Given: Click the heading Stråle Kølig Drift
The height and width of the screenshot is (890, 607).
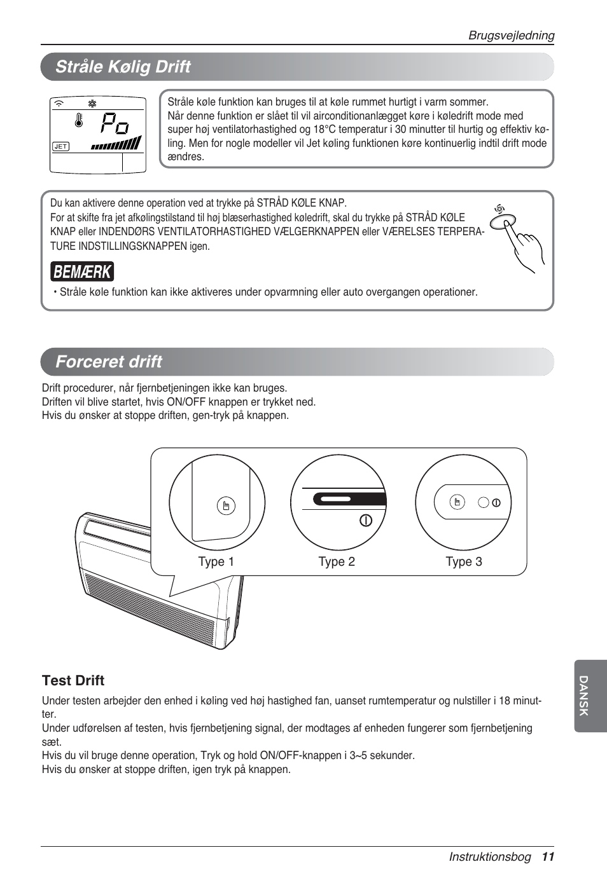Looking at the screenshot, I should [123, 67].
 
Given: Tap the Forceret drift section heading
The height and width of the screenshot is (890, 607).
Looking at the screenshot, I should [109, 362].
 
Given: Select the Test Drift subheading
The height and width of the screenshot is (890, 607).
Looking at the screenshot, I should [73, 680].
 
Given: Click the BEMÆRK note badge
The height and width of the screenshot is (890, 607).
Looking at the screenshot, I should [82, 271].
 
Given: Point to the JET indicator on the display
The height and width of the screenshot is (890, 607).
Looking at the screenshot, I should [60, 146].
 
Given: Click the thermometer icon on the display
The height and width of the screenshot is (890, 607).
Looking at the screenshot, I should [79, 120].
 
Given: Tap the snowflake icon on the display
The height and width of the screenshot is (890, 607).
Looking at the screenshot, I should [92, 104].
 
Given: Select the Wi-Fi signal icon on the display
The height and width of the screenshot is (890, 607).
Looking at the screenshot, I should [59, 104].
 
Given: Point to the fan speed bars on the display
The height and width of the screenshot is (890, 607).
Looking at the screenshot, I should [116, 144].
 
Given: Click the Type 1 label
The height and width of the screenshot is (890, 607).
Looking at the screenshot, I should [216, 562].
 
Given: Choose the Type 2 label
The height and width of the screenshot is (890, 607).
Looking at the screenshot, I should [337, 562].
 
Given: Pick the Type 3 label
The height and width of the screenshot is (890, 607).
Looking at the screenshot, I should [464, 562].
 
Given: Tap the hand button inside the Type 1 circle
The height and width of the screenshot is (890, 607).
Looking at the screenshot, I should [226, 506].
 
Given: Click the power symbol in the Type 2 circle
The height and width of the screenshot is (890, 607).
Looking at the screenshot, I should [366, 520].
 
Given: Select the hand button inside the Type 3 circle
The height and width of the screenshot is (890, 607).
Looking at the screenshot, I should [457, 502].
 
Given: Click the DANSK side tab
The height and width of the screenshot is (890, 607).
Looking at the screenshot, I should [583, 696].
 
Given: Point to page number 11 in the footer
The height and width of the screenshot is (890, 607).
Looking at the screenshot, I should [548, 857].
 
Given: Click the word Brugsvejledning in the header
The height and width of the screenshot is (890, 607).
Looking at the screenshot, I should [511, 36].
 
